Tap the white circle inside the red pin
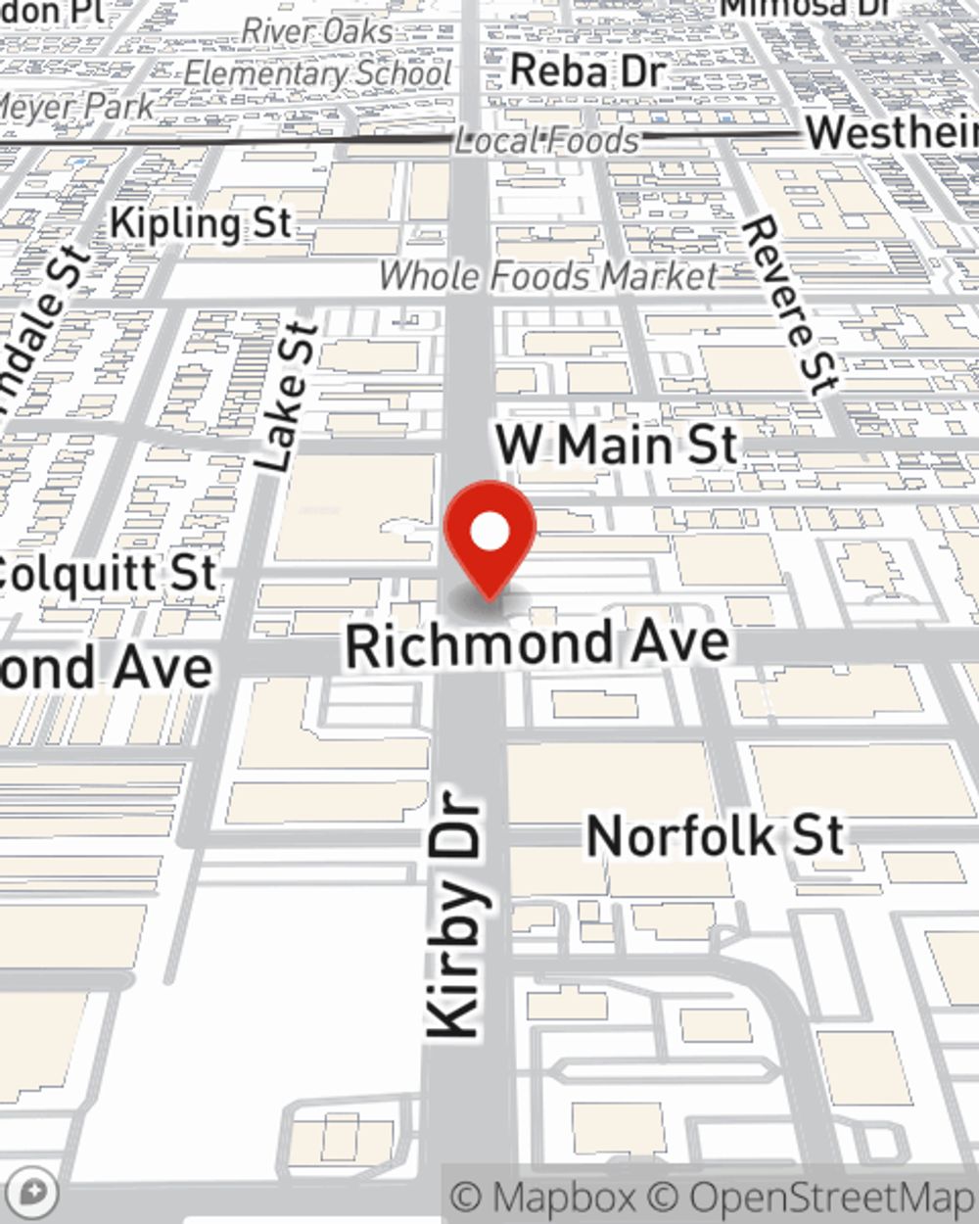pyautogui.click(x=489, y=533)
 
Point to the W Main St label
pyautogui.click(x=617, y=446)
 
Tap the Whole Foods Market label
pyautogui.click(x=548, y=277)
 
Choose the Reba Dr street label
pyautogui.click(x=587, y=71)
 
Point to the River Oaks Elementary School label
pyautogui.click(x=318, y=53)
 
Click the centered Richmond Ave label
pyautogui.click(x=537, y=644)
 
